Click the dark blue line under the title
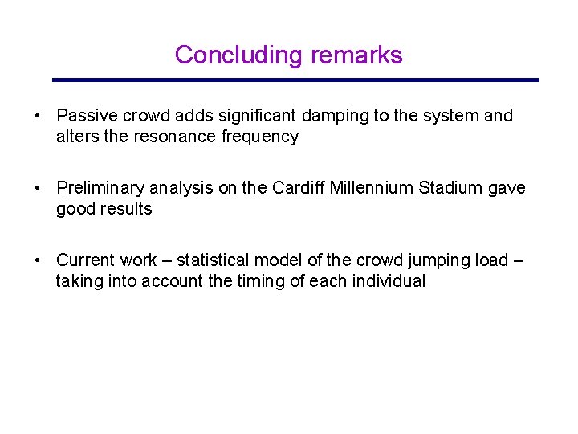click(295, 80)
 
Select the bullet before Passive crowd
click(38, 116)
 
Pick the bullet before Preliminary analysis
click(38, 188)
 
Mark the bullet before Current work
click(38, 260)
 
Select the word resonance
click(175, 137)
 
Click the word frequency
click(258, 137)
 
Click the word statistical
click(214, 260)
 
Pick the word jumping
click(425, 260)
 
